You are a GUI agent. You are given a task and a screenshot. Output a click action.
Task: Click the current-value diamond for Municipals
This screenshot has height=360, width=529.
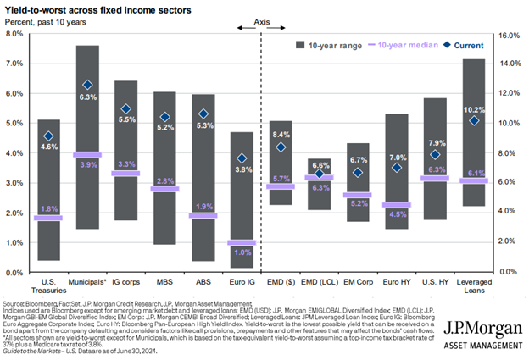[86, 85]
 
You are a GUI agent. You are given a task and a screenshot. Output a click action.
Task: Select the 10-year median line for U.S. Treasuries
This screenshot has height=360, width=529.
[48, 218]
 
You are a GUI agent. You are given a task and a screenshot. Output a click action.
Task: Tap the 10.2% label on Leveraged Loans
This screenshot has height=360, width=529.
[474, 109]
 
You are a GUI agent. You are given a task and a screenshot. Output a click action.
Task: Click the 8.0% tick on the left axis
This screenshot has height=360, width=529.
[14, 34]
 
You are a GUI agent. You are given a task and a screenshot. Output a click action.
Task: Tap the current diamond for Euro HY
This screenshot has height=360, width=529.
[397, 168]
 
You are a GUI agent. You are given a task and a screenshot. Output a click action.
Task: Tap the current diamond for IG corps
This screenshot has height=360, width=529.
[125, 109]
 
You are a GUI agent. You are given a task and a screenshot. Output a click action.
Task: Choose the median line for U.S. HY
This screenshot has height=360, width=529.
[435, 178]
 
